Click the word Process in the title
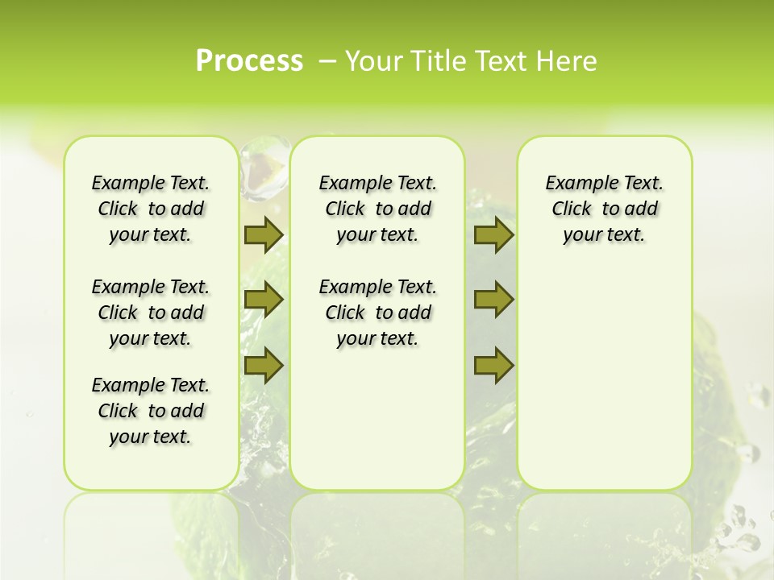pos(249,61)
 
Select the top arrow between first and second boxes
pos(264,235)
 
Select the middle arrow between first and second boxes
pos(264,300)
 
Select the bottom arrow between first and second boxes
pos(264,365)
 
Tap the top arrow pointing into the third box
pos(493,235)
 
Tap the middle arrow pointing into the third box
pos(493,300)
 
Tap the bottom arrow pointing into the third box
pos(493,365)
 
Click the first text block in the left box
pos(151,209)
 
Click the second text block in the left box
pos(151,313)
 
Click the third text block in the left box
pos(151,411)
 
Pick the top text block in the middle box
pos(377,209)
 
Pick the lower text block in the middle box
pos(377,313)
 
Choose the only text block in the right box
pos(605,209)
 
